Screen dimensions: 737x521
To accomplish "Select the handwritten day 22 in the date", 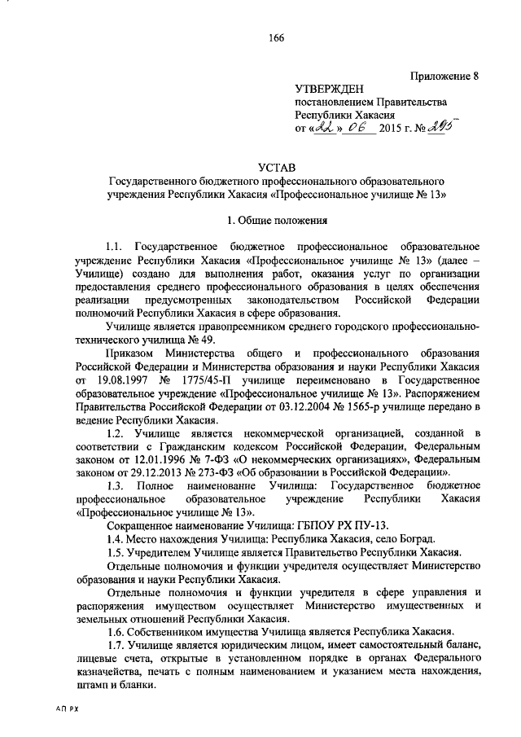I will pyautogui.click(x=323, y=127).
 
